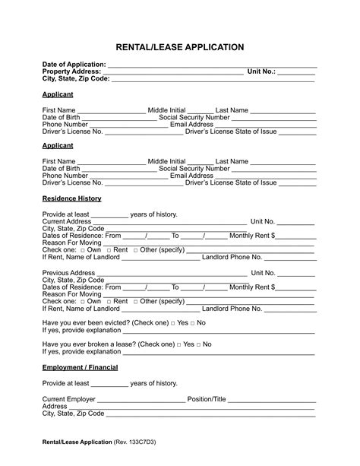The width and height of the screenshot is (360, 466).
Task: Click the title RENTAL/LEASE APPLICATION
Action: (x=179, y=47)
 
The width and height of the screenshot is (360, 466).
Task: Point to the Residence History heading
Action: (x=71, y=198)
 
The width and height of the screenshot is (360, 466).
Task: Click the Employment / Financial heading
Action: (x=80, y=367)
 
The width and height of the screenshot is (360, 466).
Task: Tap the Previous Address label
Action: (x=68, y=273)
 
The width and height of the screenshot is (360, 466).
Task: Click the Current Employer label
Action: (x=69, y=399)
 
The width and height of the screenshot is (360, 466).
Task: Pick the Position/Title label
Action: (x=207, y=399)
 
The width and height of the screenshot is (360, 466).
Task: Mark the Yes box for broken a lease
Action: (x=178, y=344)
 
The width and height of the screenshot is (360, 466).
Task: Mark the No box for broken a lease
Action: (x=199, y=344)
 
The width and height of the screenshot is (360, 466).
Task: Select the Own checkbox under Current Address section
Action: (x=82, y=250)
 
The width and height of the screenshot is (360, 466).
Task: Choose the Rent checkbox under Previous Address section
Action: (x=108, y=302)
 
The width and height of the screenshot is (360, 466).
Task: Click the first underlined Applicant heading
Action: (x=58, y=94)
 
